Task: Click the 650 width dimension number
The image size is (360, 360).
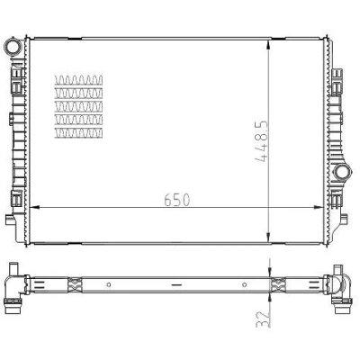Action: click(177, 200)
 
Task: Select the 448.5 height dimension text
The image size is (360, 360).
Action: click(261, 141)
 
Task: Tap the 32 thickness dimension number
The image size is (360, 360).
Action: click(263, 319)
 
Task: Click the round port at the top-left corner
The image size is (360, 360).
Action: click(13, 47)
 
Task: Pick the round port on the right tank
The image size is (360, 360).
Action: click(342, 173)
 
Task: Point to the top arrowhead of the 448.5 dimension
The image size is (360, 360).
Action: click(269, 44)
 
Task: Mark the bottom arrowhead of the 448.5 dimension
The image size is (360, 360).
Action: click(269, 238)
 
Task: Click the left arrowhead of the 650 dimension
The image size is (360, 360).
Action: click(35, 207)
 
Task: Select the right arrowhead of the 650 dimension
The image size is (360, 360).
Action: click(318, 207)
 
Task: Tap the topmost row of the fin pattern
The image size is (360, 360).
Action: click(78, 80)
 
